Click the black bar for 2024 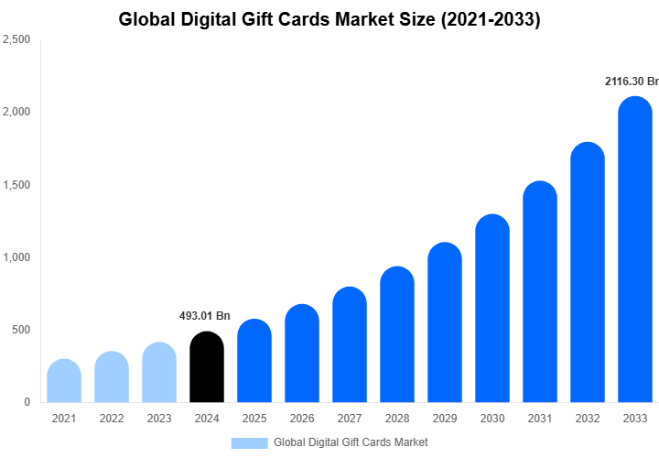tap(206, 367)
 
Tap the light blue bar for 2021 tap(64, 381)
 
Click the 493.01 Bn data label tap(204, 316)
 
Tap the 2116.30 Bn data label tap(632, 82)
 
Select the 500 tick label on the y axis tap(20, 330)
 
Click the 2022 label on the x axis tap(112, 419)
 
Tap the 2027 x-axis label tap(350, 419)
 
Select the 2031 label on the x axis tap(540, 419)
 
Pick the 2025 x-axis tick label tap(254, 419)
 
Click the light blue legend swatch tap(249, 442)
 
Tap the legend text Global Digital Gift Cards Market tap(351, 442)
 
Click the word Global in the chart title tap(146, 19)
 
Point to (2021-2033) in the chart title tap(491, 19)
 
